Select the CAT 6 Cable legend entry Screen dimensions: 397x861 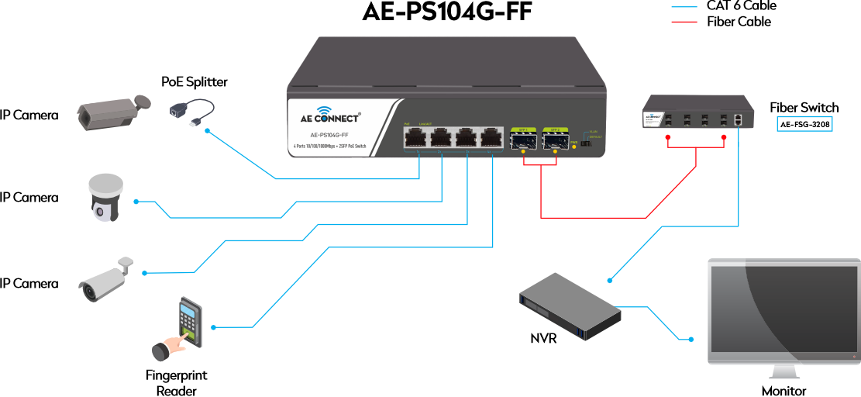(x=741, y=6)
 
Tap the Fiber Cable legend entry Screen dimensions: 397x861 (x=738, y=22)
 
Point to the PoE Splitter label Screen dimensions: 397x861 (x=195, y=81)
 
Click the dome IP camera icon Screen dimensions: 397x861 (x=105, y=197)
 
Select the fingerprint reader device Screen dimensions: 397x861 (x=183, y=329)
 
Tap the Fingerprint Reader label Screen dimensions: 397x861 (x=177, y=383)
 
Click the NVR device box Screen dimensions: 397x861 (x=570, y=307)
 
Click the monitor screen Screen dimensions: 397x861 (x=783, y=310)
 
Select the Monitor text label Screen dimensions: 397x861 (x=783, y=391)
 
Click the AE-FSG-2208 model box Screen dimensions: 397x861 (x=805, y=123)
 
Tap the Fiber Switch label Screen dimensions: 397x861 (x=804, y=107)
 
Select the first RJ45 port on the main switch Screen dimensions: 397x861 (x=415, y=138)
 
